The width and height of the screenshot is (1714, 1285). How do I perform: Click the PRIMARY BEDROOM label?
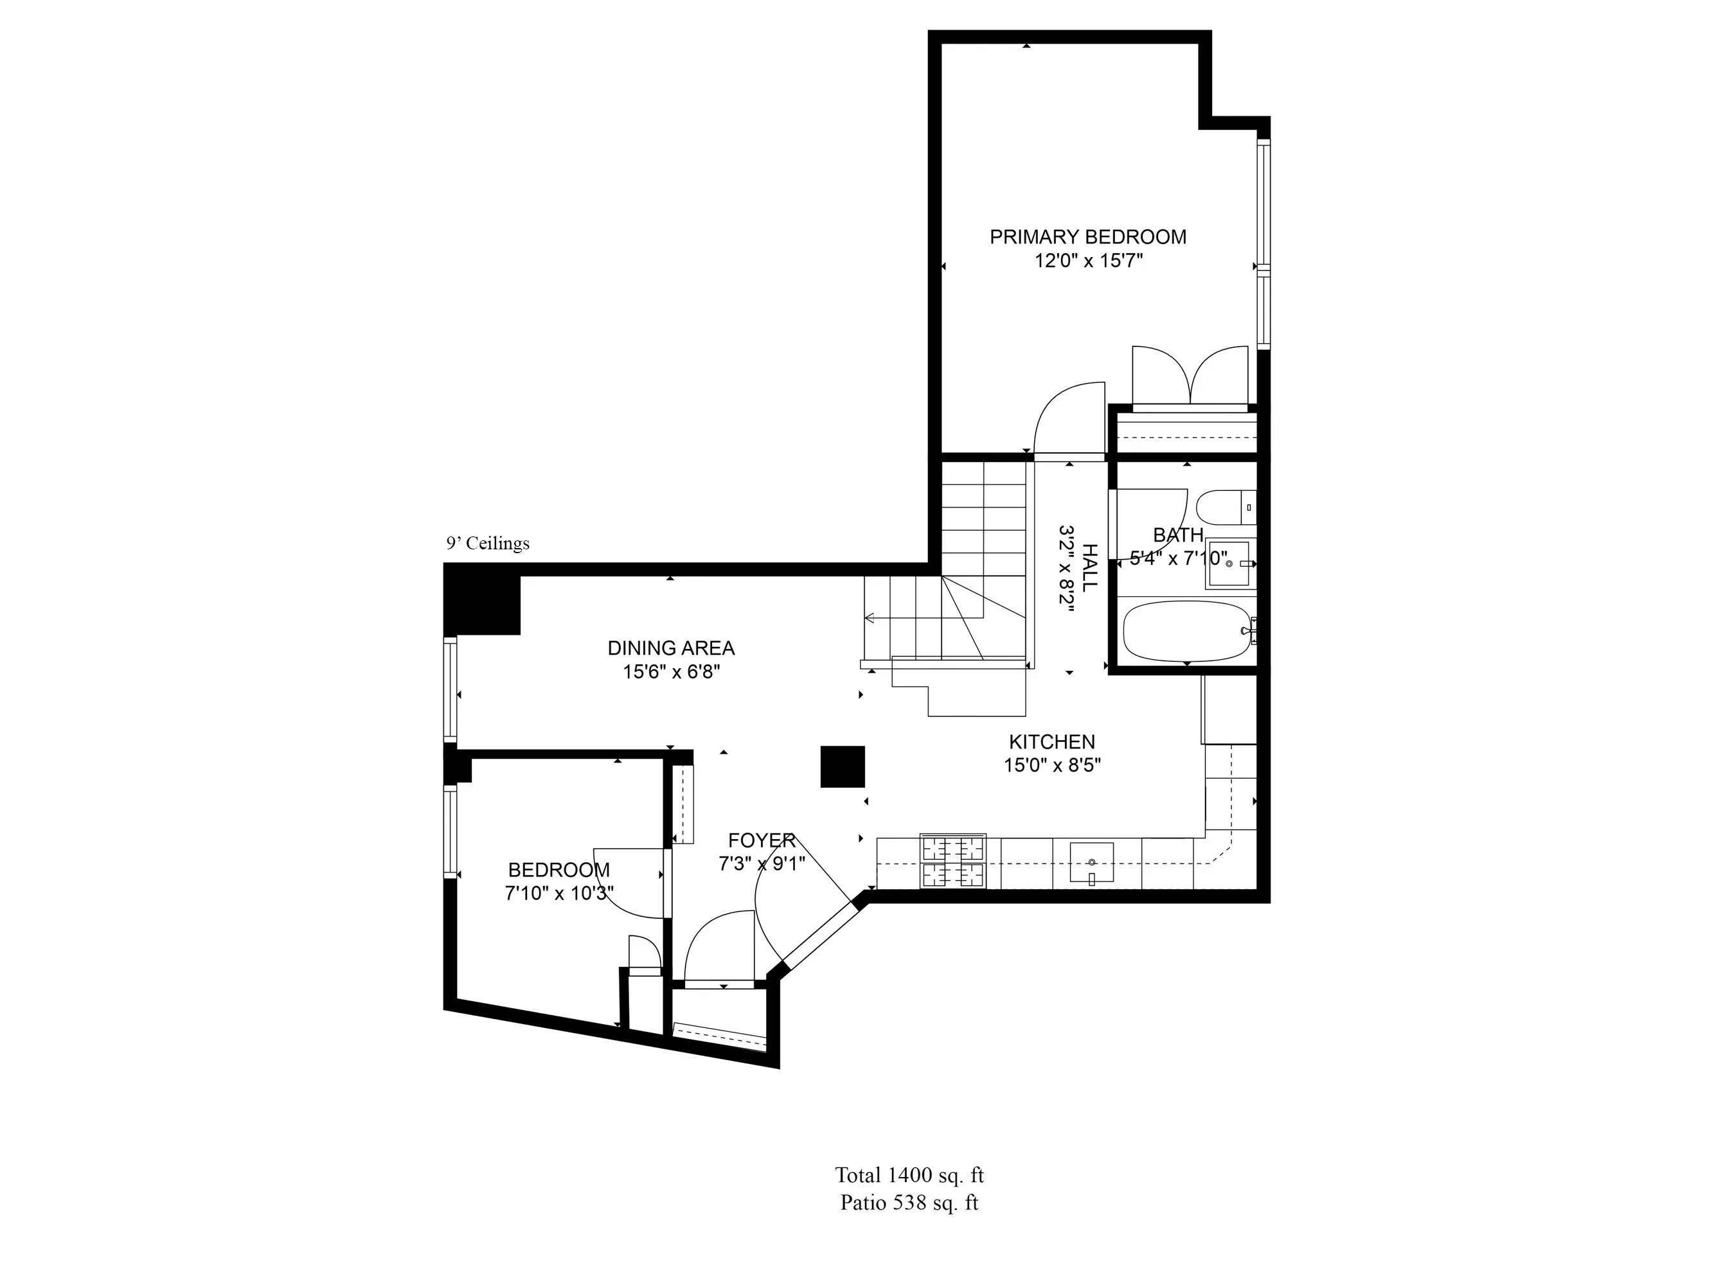(1087, 237)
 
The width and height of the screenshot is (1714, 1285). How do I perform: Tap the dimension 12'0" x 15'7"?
(1088, 261)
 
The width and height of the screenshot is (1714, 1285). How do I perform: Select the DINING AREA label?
(670, 648)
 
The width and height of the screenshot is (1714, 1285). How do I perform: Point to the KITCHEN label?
(1051, 741)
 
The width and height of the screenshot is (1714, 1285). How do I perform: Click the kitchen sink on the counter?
(1091, 862)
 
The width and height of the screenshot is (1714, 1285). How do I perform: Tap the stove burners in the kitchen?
(952, 860)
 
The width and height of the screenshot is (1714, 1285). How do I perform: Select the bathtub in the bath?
(1186, 632)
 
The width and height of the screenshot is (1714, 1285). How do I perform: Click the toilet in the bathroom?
(1220, 508)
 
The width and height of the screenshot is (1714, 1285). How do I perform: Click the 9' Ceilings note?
(487, 543)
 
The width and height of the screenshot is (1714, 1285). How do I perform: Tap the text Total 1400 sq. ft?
(909, 1175)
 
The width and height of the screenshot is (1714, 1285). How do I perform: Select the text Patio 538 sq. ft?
(909, 1203)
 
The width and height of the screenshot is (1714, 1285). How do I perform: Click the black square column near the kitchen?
(843, 767)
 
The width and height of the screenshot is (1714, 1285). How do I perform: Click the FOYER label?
(761, 840)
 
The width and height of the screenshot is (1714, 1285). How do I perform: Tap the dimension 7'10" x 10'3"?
(558, 893)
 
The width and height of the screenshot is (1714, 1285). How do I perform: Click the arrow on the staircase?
(870, 618)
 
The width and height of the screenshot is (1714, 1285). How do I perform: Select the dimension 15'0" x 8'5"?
(1051, 765)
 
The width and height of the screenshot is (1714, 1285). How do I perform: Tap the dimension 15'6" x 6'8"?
(671, 671)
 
